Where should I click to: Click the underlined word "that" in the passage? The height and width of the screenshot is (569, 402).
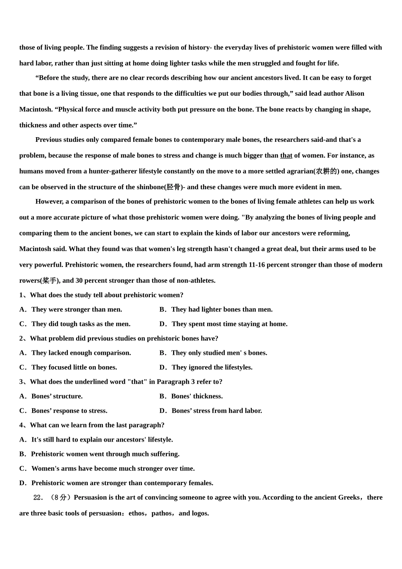[x=286, y=155]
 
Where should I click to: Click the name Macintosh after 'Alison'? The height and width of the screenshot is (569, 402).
[x=36, y=109]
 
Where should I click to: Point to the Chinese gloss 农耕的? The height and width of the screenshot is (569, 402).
[x=326, y=171]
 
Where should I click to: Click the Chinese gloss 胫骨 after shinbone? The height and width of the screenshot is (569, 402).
[x=173, y=187]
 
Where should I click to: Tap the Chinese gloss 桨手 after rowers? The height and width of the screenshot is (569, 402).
[x=50, y=281]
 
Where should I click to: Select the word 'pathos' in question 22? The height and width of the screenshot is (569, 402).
[x=161, y=514]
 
